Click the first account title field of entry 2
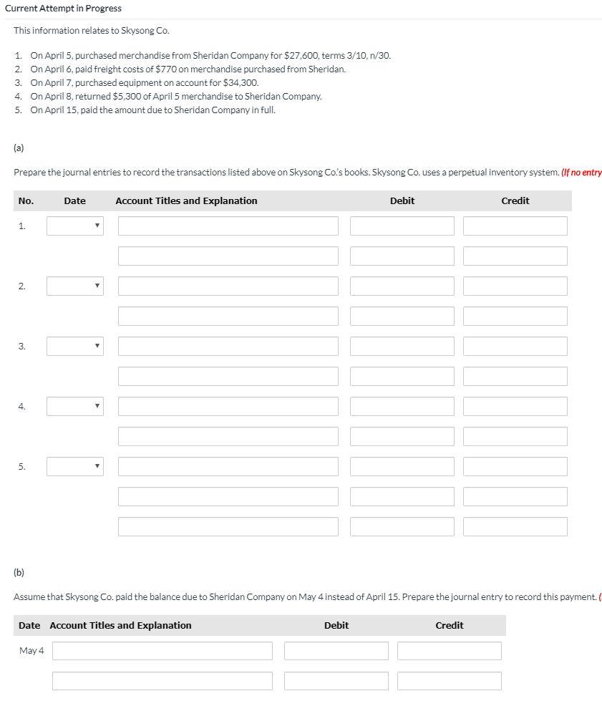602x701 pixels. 228,286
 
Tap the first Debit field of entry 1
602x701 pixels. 402,226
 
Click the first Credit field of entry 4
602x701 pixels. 515,407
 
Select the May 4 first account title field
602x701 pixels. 162,651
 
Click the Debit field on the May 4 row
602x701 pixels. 336,651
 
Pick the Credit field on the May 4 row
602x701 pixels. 449,651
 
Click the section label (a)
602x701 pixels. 19,149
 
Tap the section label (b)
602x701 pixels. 19,573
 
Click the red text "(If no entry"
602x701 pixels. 581,173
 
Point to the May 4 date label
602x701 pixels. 31,651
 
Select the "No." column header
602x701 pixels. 26,201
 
